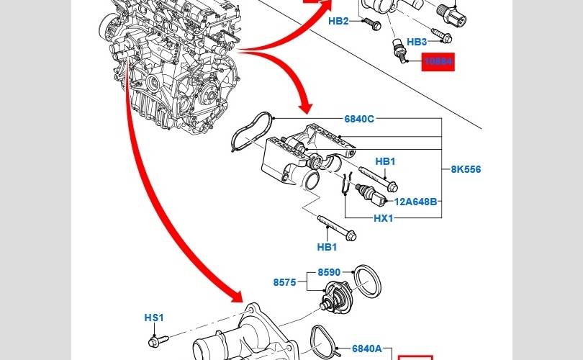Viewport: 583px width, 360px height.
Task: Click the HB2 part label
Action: [x=338, y=21]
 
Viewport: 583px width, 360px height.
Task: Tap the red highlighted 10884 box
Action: [x=438, y=63]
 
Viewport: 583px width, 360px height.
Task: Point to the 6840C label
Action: [x=359, y=119]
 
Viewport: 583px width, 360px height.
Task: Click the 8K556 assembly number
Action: [x=466, y=170]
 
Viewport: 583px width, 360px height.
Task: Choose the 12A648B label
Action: [x=415, y=202]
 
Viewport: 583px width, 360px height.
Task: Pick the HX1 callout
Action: [x=383, y=218]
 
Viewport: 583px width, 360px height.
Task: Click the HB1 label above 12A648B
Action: [x=386, y=162]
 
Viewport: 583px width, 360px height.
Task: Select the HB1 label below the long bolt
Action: [x=327, y=247]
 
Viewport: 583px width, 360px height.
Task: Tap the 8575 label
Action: [x=284, y=283]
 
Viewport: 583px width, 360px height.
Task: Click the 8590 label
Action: [x=329, y=273]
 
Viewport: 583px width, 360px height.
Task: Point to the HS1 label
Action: [x=154, y=318]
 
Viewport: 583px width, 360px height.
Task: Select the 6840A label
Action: [x=367, y=348]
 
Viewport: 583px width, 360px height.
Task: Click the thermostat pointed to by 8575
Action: [x=335, y=297]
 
